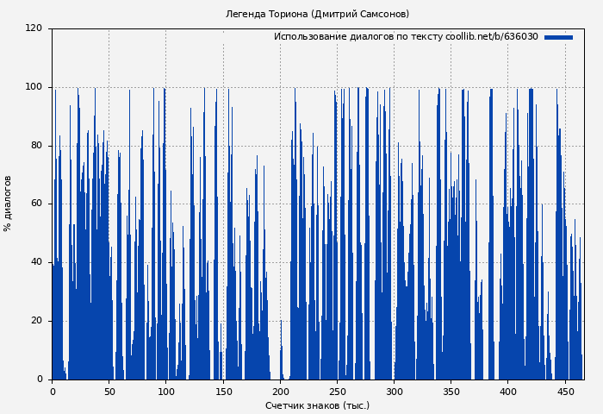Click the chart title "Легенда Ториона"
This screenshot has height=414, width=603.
tap(317, 14)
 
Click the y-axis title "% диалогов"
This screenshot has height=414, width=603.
tap(8, 204)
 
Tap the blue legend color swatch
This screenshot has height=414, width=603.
tap(558, 37)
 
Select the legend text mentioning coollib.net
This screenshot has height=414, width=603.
tap(406, 37)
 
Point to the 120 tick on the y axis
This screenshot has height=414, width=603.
tap(34, 28)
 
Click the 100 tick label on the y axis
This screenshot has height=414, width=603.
tap(34, 87)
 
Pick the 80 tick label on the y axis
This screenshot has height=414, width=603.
tap(36, 146)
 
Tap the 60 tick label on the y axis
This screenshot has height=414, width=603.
tap(36, 204)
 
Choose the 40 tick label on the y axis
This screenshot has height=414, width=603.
tap(36, 262)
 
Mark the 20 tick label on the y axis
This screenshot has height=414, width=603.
tap(36, 321)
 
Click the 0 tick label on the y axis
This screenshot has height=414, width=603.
tap(40, 379)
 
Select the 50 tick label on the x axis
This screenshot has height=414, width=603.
tap(109, 392)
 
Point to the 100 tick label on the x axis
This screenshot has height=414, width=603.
tap(166, 392)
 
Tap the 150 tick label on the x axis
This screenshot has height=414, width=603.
tap(223, 392)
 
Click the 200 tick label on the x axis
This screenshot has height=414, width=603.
tap(280, 392)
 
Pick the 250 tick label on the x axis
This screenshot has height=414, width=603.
tap(337, 392)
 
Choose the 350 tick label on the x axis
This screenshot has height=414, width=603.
tap(451, 392)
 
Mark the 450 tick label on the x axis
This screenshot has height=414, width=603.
tap(565, 392)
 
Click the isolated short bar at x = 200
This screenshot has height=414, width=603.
tap(281, 354)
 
